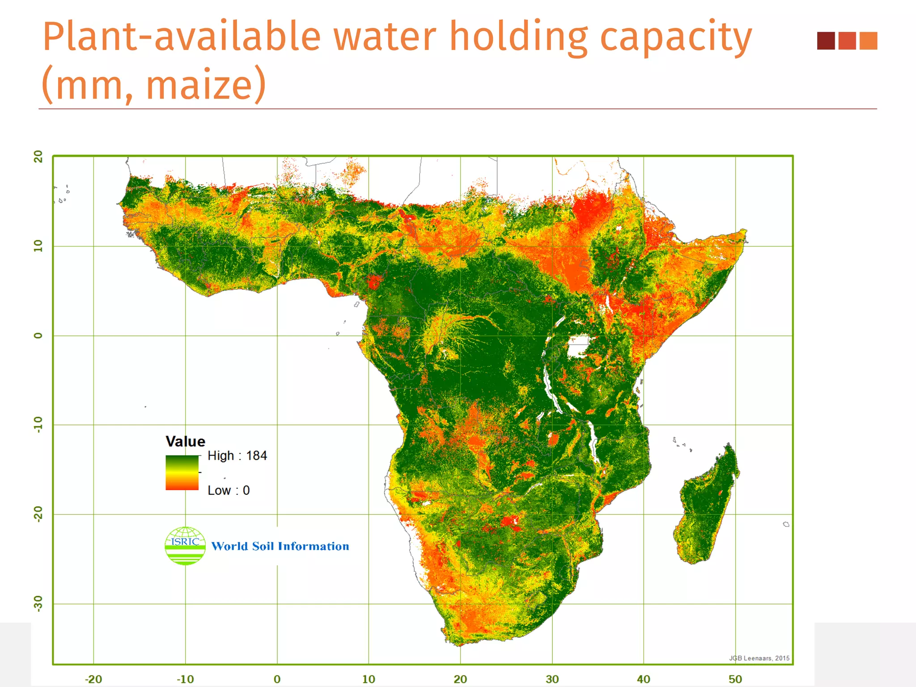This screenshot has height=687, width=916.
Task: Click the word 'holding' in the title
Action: point(518,37)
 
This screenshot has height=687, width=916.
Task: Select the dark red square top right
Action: point(826,41)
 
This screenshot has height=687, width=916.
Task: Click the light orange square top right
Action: point(868,41)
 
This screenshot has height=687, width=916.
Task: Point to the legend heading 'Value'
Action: point(185,441)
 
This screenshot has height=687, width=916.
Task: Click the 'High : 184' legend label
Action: point(237,456)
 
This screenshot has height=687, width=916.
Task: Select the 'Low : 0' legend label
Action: point(229,490)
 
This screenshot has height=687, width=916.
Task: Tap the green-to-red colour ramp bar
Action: point(182,473)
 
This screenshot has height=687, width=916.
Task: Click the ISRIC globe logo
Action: point(185,546)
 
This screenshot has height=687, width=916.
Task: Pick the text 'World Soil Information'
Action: point(280,546)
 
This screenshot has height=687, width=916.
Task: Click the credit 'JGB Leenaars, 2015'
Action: point(759,658)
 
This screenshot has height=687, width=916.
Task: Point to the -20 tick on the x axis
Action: point(93,679)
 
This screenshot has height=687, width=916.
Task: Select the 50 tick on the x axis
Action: point(735,679)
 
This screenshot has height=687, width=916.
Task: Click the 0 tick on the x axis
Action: point(277,679)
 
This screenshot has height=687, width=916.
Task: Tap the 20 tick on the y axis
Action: point(38,157)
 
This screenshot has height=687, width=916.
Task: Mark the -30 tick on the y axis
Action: point(38,603)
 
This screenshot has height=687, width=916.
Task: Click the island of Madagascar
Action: point(707,505)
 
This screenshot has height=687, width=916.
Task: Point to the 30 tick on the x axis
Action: point(552,679)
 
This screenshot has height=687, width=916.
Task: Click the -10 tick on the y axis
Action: point(38,424)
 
